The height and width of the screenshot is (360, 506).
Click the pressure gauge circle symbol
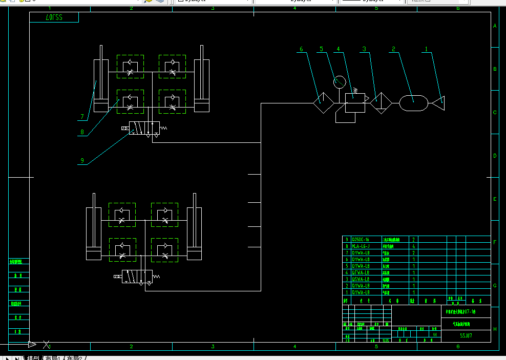(x=339, y=81)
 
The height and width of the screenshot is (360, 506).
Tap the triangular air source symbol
(x=438, y=103)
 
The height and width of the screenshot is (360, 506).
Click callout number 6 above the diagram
(x=301, y=49)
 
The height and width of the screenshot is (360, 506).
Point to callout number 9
(x=81, y=160)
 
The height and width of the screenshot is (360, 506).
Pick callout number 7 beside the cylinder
(x=81, y=117)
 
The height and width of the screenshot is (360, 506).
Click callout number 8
(x=81, y=132)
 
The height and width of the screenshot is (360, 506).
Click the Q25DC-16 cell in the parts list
(x=361, y=240)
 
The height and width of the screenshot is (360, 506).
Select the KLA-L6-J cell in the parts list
(x=361, y=246)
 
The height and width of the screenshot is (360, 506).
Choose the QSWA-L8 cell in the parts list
(x=361, y=279)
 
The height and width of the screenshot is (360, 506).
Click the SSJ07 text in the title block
(x=466, y=336)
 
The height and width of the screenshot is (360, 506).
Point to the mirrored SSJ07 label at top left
(x=54, y=18)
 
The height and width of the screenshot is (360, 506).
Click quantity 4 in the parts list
(x=413, y=246)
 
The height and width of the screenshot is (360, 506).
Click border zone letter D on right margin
(x=494, y=156)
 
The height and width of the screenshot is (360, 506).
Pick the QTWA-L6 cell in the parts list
(x=361, y=272)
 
